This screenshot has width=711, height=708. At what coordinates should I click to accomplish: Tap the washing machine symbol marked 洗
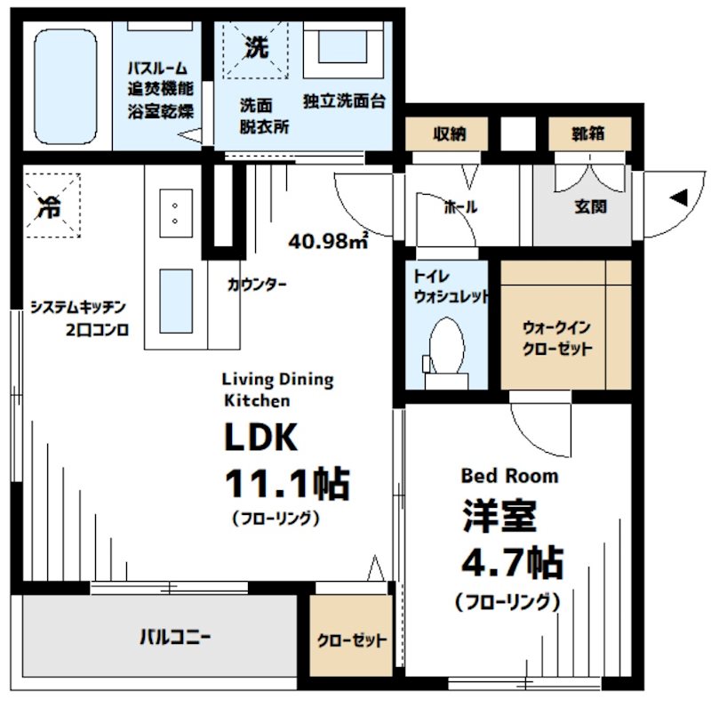click(x=256, y=50)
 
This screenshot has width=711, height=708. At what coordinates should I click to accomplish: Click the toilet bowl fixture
click(x=445, y=348)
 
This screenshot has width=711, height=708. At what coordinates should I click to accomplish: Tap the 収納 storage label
click(x=450, y=135)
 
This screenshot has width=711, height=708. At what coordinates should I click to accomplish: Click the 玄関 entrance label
click(x=589, y=206)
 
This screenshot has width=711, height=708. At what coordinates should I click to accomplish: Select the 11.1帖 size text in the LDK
click(x=286, y=484)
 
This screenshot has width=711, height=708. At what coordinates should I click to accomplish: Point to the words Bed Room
click(x=509, y=476)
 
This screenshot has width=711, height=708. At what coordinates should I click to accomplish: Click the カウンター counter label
click(x=257, y=285)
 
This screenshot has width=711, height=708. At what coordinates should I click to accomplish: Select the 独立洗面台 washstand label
click(x=344, y=101)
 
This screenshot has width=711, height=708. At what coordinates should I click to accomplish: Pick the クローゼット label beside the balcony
click(x=353, y=640)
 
